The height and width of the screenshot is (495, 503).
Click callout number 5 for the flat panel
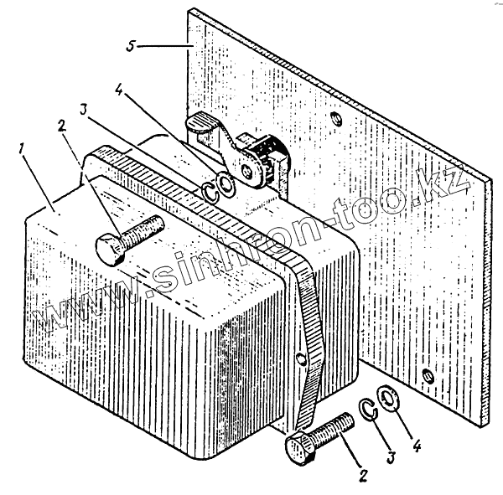[x=129, y=44]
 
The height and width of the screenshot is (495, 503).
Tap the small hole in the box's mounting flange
[x=300, y=359]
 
